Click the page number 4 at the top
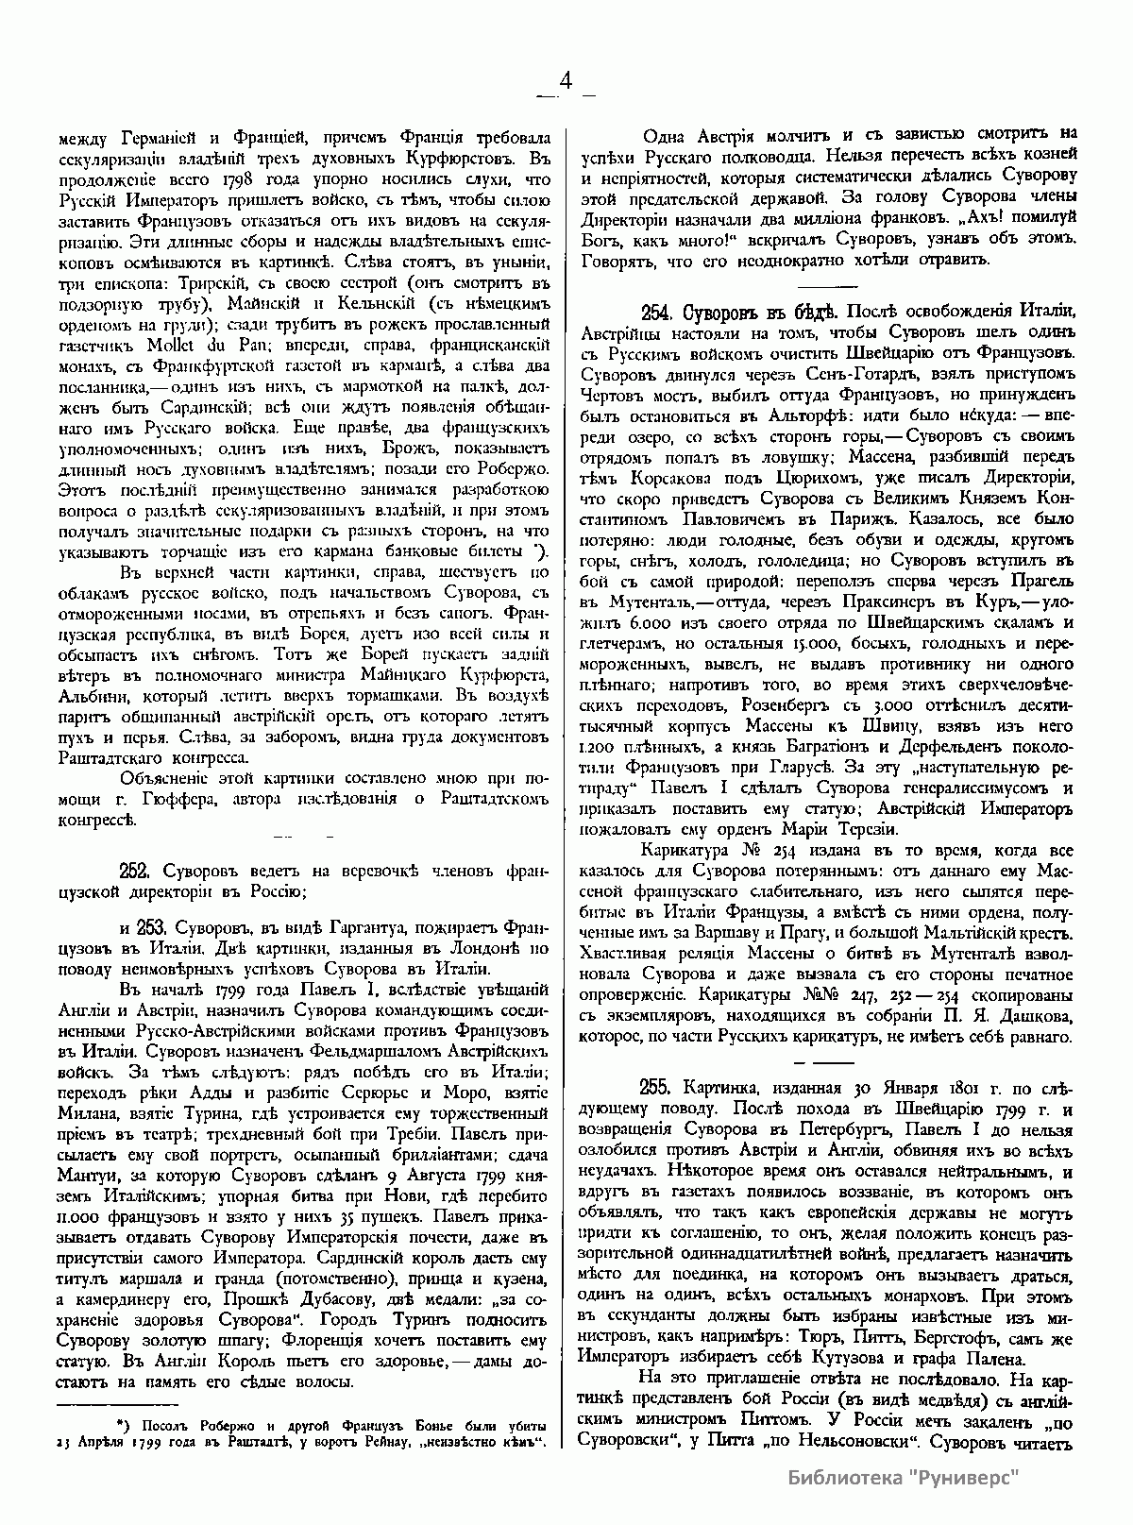[x=566, y=82]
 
